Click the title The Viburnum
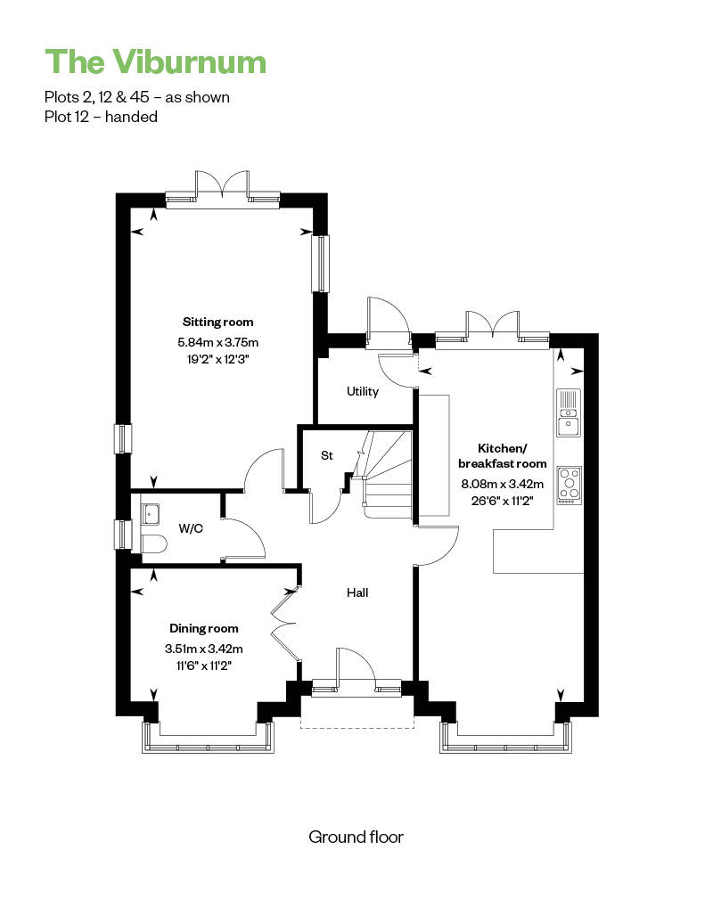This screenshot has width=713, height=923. (x=155, y=61)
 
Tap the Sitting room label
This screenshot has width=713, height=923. (x=217, y=322)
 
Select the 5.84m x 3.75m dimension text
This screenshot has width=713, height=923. (x=217, y=342)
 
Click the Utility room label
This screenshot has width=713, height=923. (x=363, y=391)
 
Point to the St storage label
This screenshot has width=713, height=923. (x=327, y=455)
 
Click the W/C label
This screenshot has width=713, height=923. (x=191, y=528)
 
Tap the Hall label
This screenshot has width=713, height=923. (x=357, y=592)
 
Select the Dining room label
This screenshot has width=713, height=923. (x=204, y=629)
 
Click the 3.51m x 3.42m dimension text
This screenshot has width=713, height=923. (x=204, y=649)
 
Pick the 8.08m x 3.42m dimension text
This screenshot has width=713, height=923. (x=503, y=485)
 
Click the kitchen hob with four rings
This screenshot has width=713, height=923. (x=570, y=485)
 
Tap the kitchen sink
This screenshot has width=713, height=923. (x=569, y=412)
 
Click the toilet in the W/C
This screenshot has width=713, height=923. (x=152, y=543)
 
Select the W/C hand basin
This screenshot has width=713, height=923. (x=151, y=513)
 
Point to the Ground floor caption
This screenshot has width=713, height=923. (x=356, y=837)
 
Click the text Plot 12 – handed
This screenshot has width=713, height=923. (x=101, y=117)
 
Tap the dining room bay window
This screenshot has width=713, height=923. (x=209, y=737)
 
